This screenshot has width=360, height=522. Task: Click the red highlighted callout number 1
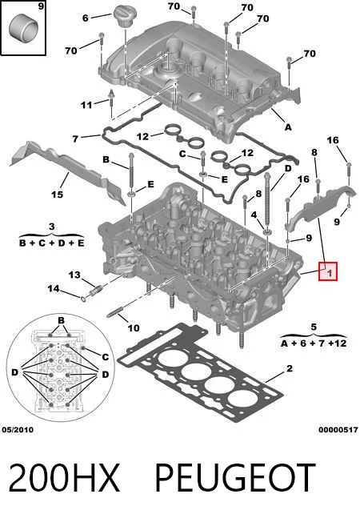[x=328, y=271]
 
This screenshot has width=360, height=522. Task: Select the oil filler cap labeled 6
[x=124, y=16]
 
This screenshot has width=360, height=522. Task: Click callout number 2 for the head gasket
[x=290, y=368]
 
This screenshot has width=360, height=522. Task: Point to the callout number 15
[x=58, y=194]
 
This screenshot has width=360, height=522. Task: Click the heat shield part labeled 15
[x=66, y=170]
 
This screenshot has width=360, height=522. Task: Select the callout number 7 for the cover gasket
[x=75, y=139]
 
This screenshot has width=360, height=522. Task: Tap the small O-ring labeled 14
[x=83, y=297]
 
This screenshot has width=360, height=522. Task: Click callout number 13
[x=75, y=275]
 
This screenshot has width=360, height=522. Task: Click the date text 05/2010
[x=18, y=430]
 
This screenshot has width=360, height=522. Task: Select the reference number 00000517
[x=338, y=430]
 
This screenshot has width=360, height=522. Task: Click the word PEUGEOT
[x=235, y=477]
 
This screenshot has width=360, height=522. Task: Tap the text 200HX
[x=64, y=477]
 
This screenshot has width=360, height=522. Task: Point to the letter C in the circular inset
[x=105, y=357]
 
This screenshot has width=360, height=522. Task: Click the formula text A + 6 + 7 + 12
[x=314, y=343]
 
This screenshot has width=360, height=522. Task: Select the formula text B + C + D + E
[x=51, y=243]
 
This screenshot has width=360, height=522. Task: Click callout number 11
[x=86, y=105]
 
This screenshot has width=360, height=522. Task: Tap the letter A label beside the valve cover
[x=288, y=127]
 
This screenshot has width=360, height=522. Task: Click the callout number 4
[x=254, y=215]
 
